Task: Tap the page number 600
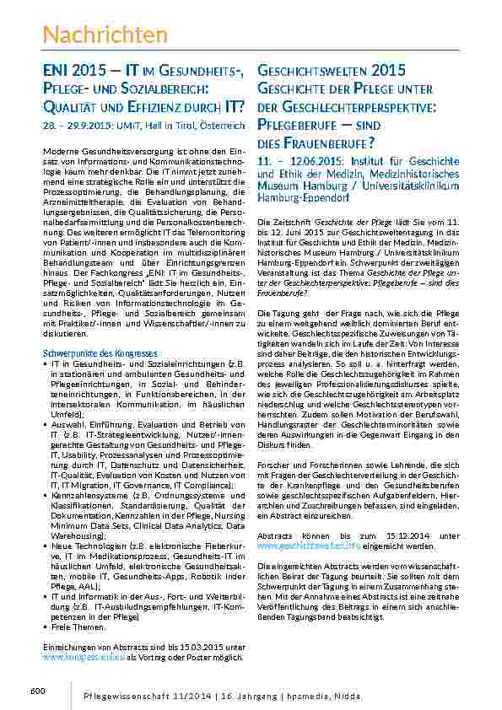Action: coord(36,691)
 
